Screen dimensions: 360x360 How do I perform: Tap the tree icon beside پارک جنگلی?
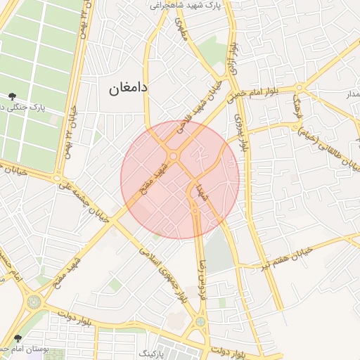point(13,96)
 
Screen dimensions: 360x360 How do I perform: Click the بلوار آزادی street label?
point(234,58)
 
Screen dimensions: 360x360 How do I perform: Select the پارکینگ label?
point(151,349)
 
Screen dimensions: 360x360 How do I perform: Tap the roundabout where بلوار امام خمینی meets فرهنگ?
point(300,88)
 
